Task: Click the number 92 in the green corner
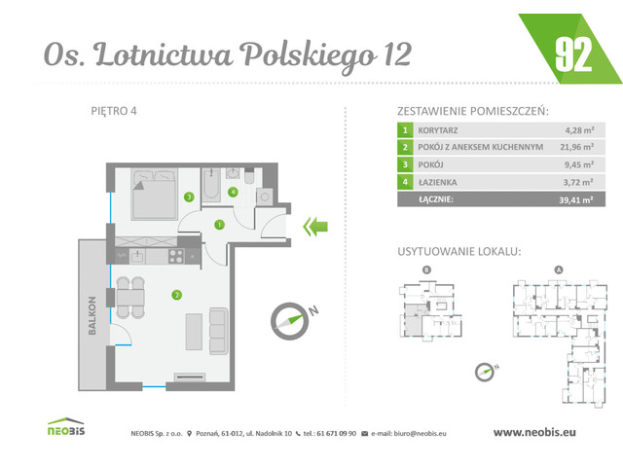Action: coord(574,53)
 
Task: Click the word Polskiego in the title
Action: coord(308,55)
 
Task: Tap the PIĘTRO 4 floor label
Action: coord(113,110)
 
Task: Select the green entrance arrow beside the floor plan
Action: coord(314,228)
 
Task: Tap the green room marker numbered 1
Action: coord(219,225)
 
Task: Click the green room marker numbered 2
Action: coord(175,294)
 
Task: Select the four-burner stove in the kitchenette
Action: coord(177,257)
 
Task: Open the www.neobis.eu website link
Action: coord(538,432)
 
